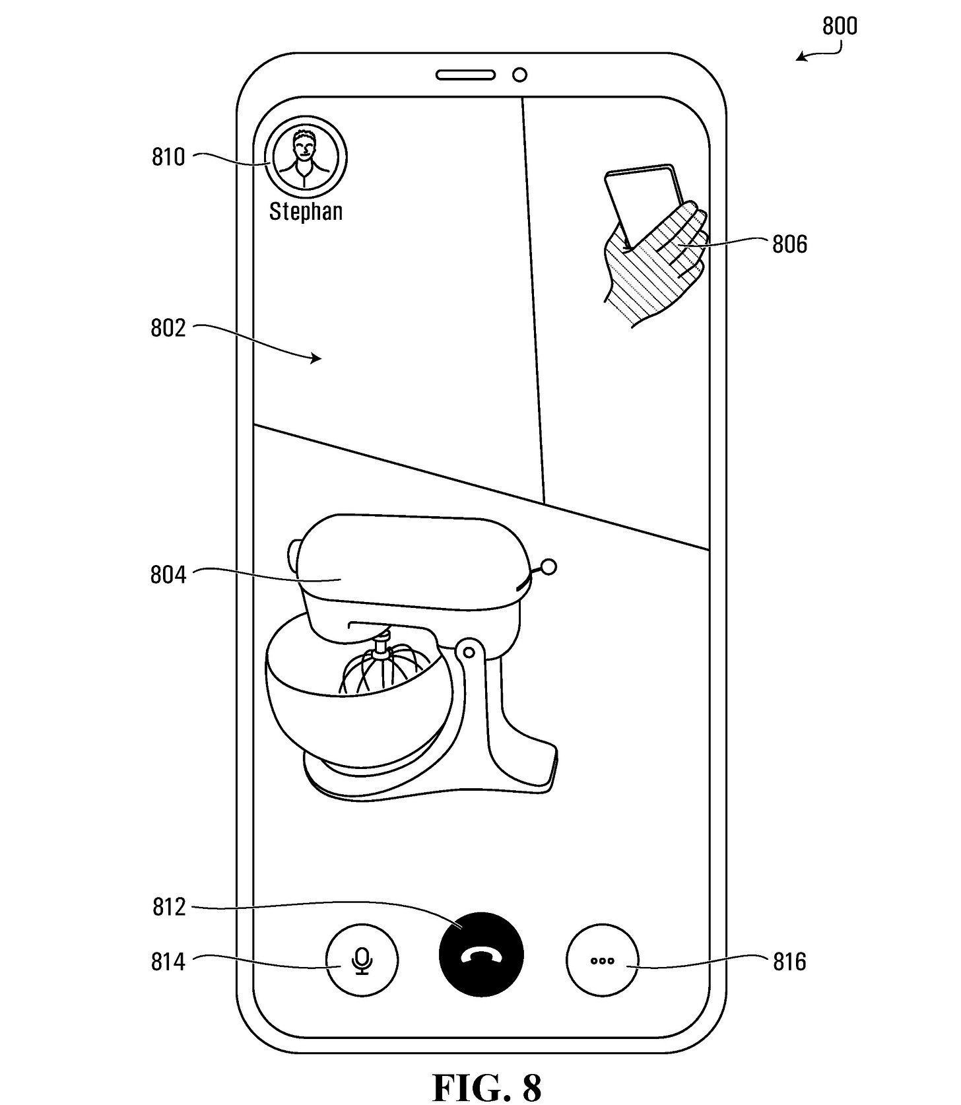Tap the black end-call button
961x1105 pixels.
(x=480, y=954)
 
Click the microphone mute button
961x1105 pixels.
(x=362, y=960)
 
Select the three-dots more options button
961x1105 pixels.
(x=602, y=960)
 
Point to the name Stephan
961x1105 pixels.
(x=306, y=211)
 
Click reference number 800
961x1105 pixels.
(x=839, y=26)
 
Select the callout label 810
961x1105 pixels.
(x=168, y=158)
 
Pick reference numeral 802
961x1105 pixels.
(x=168, y=328)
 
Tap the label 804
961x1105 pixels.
(x=168, y=575)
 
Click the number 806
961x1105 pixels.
(x=789, y=244)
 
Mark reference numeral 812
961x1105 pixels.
(x=169, y=907)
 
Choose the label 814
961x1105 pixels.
(x=168, y=962)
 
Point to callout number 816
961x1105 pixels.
(x=789, y=962)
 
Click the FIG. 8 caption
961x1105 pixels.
(x=486, y=1087)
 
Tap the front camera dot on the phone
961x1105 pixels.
(x=519, y=75)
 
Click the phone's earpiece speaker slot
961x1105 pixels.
(x=465, y=75)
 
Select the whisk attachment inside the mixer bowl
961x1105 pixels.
(x=381, y=667)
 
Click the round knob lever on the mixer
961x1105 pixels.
(x=548, y=566)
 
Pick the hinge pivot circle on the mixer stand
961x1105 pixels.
(x=469, y=653)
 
